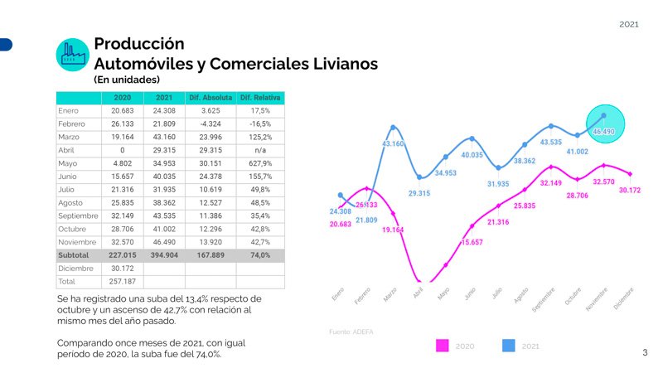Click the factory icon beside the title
point(72,54)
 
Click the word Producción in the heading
point(139,44)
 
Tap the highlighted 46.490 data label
point(603,132)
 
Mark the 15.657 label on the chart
point(472,242)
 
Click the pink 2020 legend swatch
point(443,346)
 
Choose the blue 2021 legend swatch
point(509,346)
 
